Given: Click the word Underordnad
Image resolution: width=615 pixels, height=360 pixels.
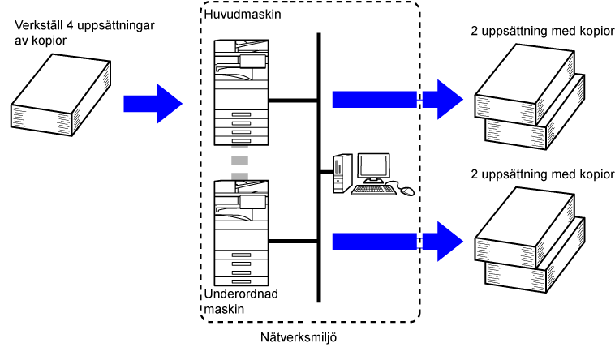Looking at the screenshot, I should click(x=240, y=294).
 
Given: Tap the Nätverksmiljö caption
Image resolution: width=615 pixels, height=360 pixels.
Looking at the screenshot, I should click(x=299, y=336).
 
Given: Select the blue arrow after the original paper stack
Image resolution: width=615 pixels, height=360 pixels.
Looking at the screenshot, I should click(x=153, y=103).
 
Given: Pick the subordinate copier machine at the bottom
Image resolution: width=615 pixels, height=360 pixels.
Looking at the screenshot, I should click(x=239, y=231).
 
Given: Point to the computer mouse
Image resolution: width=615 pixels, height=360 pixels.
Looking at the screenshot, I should click(x=406, y=191).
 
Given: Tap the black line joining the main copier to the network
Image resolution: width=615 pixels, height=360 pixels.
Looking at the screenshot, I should click(x=292, y=101).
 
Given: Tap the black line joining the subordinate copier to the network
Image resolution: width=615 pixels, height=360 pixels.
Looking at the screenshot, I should click(x=292, y=241).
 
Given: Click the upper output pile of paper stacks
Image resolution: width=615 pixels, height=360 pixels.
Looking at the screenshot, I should click(x=527, y=93).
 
